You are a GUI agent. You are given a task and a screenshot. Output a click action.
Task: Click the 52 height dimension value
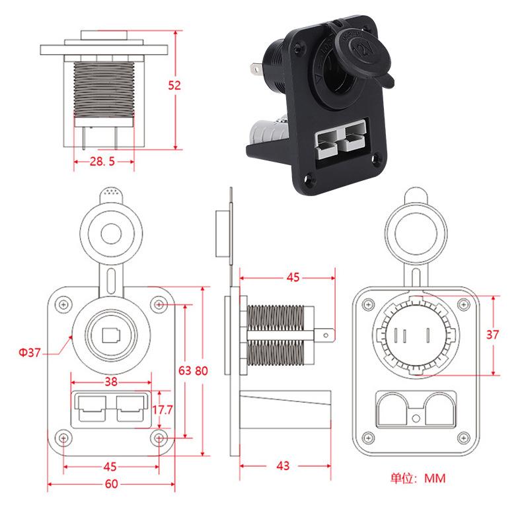[174, 86]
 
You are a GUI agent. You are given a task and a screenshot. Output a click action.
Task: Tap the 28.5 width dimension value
[102, 161]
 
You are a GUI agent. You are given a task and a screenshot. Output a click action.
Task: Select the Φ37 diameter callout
[29, 353]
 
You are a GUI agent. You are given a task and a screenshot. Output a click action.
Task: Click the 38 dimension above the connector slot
[111, 381]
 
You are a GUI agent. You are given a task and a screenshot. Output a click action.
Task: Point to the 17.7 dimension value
[163, 410]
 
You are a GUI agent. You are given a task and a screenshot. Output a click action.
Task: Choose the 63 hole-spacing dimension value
[185, 370]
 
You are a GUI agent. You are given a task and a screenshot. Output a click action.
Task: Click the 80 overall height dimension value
[202, 370]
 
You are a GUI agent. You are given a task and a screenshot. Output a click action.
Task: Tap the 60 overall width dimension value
[111, 484]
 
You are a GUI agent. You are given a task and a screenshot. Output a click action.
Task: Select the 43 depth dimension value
[283, 465]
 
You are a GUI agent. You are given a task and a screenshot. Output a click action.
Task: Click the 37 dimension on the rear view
[493, 334]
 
